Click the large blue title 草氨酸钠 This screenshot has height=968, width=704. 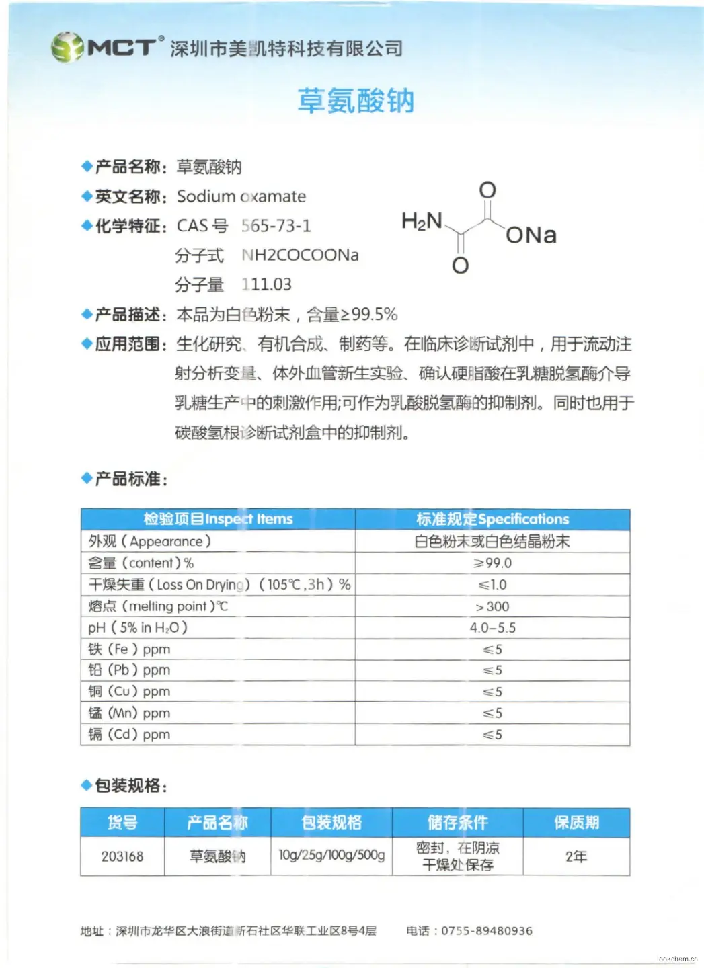click(x=355, y=102)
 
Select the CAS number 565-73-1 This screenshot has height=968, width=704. click(x=276, y=226)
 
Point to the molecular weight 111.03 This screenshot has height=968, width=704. click(x=266, y=285)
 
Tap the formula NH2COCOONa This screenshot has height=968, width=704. click(x=300, y=255)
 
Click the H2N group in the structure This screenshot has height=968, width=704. click(x=422, y=221)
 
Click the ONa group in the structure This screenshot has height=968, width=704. click(x=531, y=235)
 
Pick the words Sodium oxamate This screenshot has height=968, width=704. click(x=241, y=196)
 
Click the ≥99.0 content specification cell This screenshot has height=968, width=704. click(x=492, y=563)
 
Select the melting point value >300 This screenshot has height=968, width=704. click(x=492, y=606)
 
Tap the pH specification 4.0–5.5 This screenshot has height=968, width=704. click(x=492, y=628)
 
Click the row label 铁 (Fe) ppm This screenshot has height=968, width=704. click(x=129, y=649)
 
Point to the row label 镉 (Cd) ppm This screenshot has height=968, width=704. click(x=129, y=735)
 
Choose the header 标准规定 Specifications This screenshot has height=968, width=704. click(x=492, y=519)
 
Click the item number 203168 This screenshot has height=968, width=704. click(x=122, y=856)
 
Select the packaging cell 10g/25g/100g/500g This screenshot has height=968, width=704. click(x=331, y=855)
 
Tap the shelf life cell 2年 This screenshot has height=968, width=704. click(x=576, y=856)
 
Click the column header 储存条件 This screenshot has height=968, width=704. click(x=457, y=822)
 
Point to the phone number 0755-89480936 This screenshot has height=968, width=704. click(x=486, y=931)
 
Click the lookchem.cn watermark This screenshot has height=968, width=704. click(x=677, y=959)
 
